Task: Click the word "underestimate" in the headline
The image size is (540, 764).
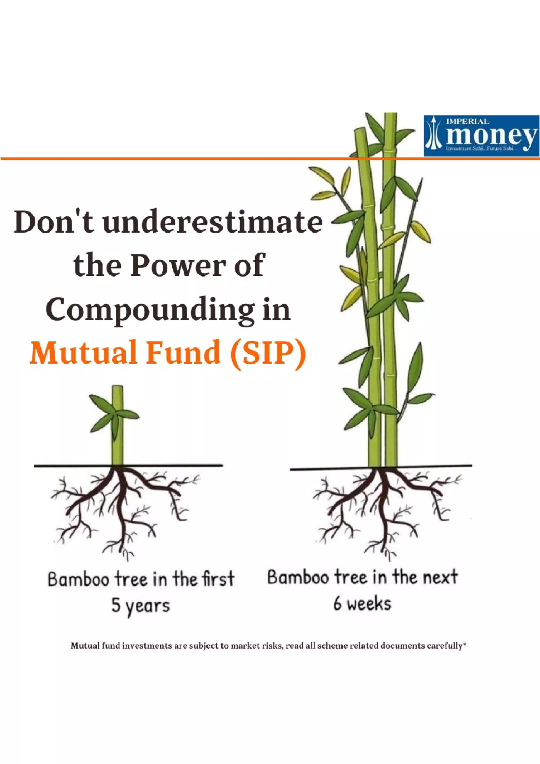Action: pyautogui.click(x=213, y=222)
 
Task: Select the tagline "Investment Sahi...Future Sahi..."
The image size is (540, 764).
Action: pyautogui.click(x=481, y=149)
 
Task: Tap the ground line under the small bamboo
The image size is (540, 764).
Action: pyautogui.click(x=66, y=466)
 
